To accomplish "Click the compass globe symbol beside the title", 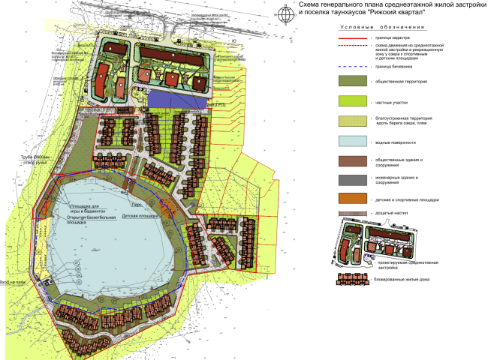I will click(x=285, y=13).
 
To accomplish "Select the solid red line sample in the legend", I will click(x=350, y=37).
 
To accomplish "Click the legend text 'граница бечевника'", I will click(x=393, y=67).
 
